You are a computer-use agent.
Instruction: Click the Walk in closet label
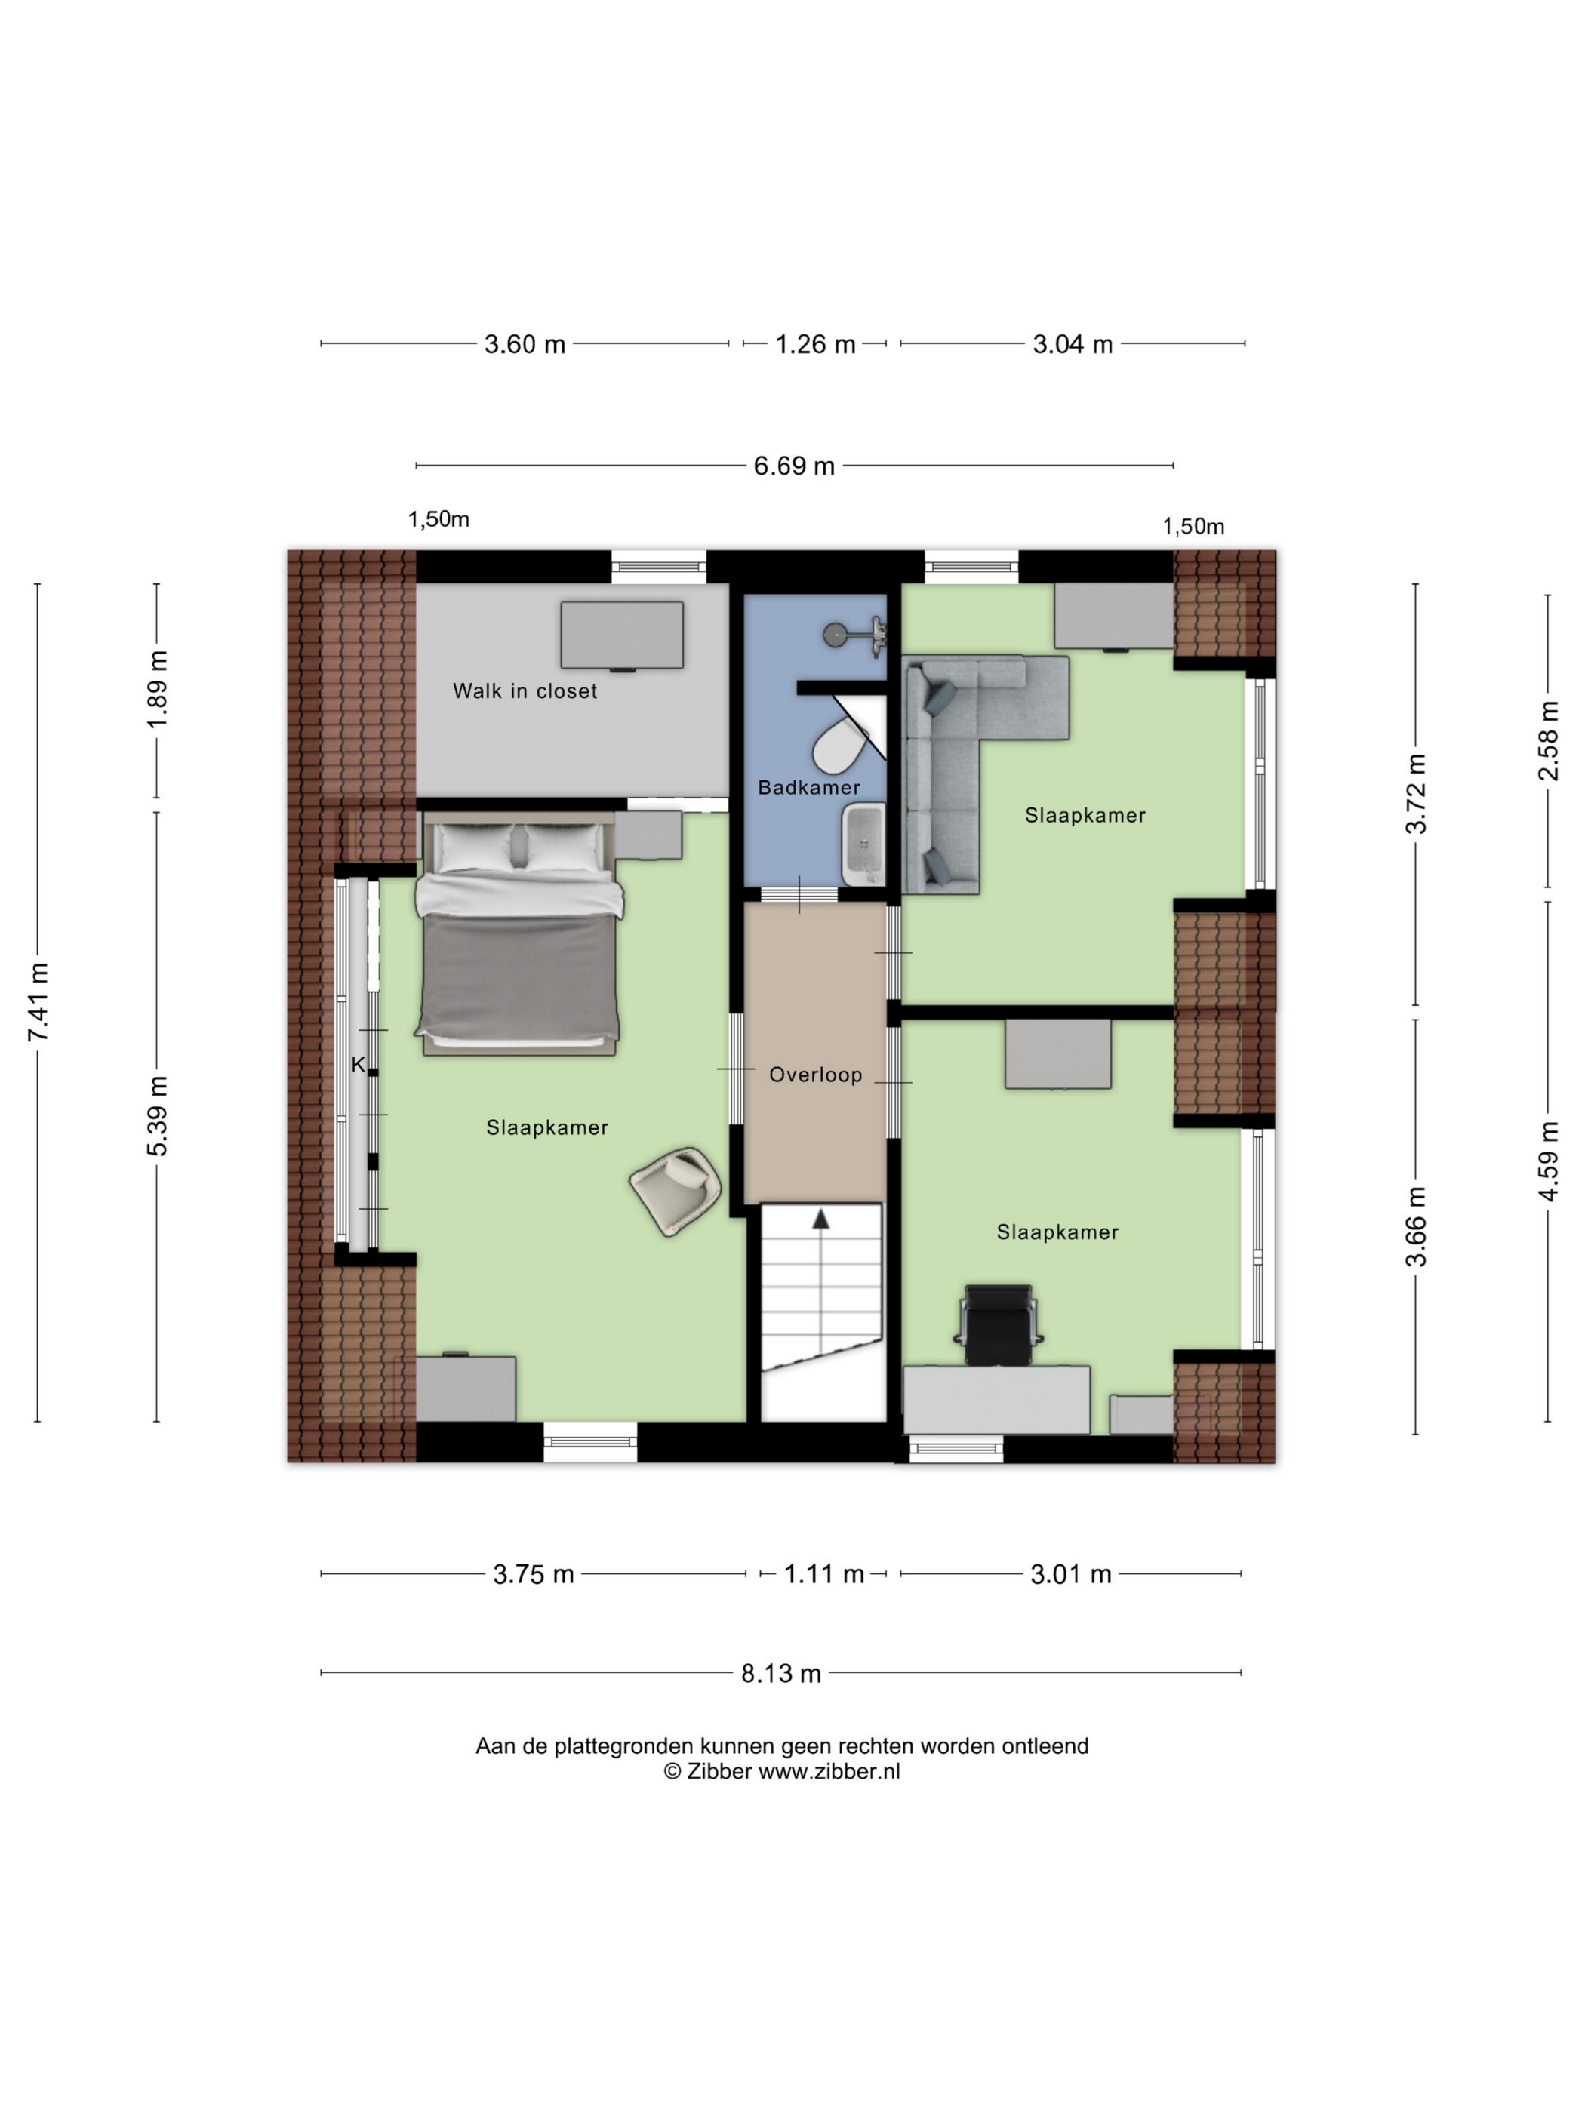pos(525,690)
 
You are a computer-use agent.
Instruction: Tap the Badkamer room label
pos(808,787)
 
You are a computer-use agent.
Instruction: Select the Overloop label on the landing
pos(815,1075)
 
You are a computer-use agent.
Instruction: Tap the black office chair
pos(999,1324)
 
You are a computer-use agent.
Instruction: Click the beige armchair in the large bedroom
pos(676,1190)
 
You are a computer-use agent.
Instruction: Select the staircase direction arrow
pos(820,1219)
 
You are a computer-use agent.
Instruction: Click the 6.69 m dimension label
pos(794,466)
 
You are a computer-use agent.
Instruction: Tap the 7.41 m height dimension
pos(38,1002)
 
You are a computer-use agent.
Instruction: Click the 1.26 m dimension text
pos(815,344)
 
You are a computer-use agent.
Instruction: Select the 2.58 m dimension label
pos(1548,740)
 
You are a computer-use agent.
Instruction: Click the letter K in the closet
pos(359,1065)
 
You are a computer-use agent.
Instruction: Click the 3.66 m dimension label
pos(1416,1226)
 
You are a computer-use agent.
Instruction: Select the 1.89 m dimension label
pos(158,690)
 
